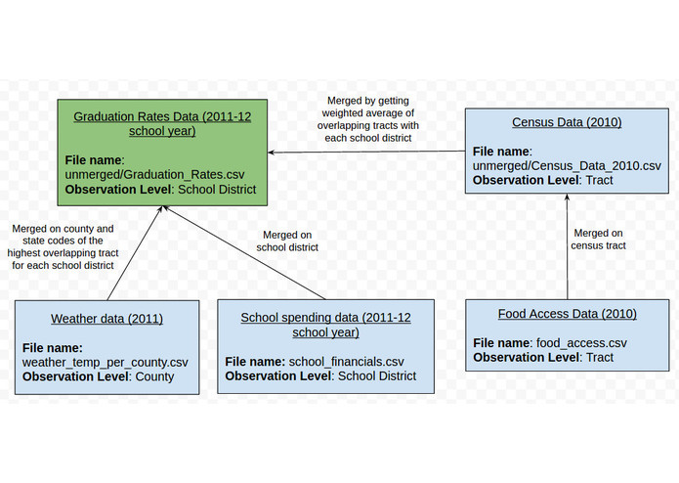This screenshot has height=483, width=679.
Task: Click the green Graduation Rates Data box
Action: click(x=162, y=152)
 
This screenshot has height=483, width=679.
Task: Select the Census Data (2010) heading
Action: click(x=566, y=122)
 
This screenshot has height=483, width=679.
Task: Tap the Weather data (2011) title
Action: click(x=106, y=318)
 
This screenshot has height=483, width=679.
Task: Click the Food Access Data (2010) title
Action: click(x=567, y=314)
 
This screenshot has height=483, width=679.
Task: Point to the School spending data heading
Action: click(x=325, y=325)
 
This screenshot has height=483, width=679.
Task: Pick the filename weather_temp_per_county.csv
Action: click(x=105, y=362)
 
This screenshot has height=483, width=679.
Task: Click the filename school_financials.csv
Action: click(x=346, y=361)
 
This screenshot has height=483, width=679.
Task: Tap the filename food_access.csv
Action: click(x=581, y=343)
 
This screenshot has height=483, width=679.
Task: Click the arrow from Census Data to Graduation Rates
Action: click(x=366, y=152)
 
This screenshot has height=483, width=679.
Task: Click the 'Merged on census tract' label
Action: click(x=598, y=240)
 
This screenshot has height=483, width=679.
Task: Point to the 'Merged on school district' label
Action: click(x=287, y=241)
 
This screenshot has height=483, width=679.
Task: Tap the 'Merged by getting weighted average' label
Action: click(x=370, y=120)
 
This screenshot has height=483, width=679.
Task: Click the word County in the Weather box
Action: click(x=153, y=376)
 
